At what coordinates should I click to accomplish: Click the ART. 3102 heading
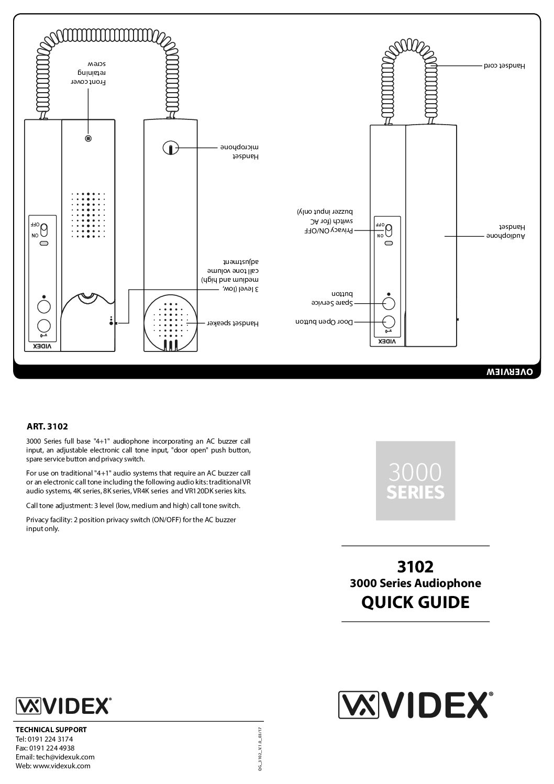(x=47, y=426)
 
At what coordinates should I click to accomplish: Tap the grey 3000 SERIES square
(x=415, y=480)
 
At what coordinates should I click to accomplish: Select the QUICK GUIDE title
(x=415, y=602)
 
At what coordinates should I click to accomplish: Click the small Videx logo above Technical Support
(x=63, y=705)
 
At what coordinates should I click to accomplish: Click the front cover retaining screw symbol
(x=88, y=139)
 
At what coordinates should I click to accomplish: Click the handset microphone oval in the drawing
(x=170, y=148)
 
